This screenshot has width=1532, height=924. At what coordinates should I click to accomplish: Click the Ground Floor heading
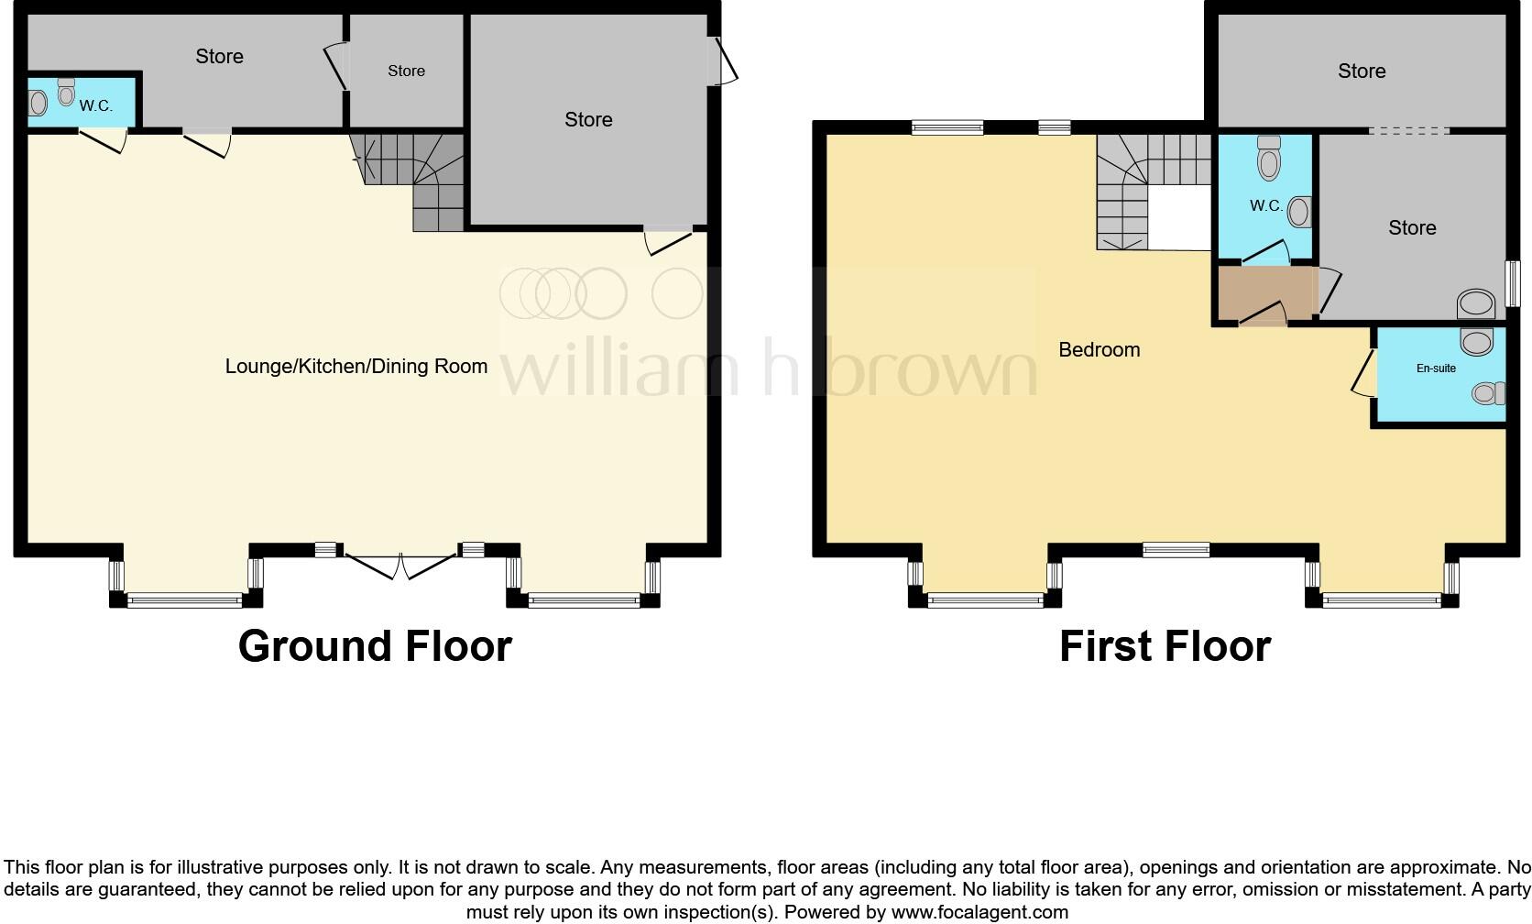375,646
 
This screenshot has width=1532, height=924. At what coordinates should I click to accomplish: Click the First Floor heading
1165,646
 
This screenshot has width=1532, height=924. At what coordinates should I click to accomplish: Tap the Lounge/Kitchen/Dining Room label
356,367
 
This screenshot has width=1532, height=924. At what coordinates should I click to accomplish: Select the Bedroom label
1099,349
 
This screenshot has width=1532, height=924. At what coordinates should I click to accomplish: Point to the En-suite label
1436,368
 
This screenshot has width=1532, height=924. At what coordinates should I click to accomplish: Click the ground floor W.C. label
95,106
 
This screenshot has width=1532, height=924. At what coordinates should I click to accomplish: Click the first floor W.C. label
1265,206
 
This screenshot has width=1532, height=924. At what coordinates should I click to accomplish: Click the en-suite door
1364,372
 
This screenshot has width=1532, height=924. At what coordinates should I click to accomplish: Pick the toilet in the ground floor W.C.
66,91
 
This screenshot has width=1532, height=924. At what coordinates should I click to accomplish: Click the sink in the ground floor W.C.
38,103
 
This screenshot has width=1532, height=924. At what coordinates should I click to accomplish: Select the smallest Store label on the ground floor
406,71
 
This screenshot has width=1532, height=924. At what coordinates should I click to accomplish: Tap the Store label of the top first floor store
1361,71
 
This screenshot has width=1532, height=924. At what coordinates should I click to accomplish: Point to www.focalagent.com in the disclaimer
979,912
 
